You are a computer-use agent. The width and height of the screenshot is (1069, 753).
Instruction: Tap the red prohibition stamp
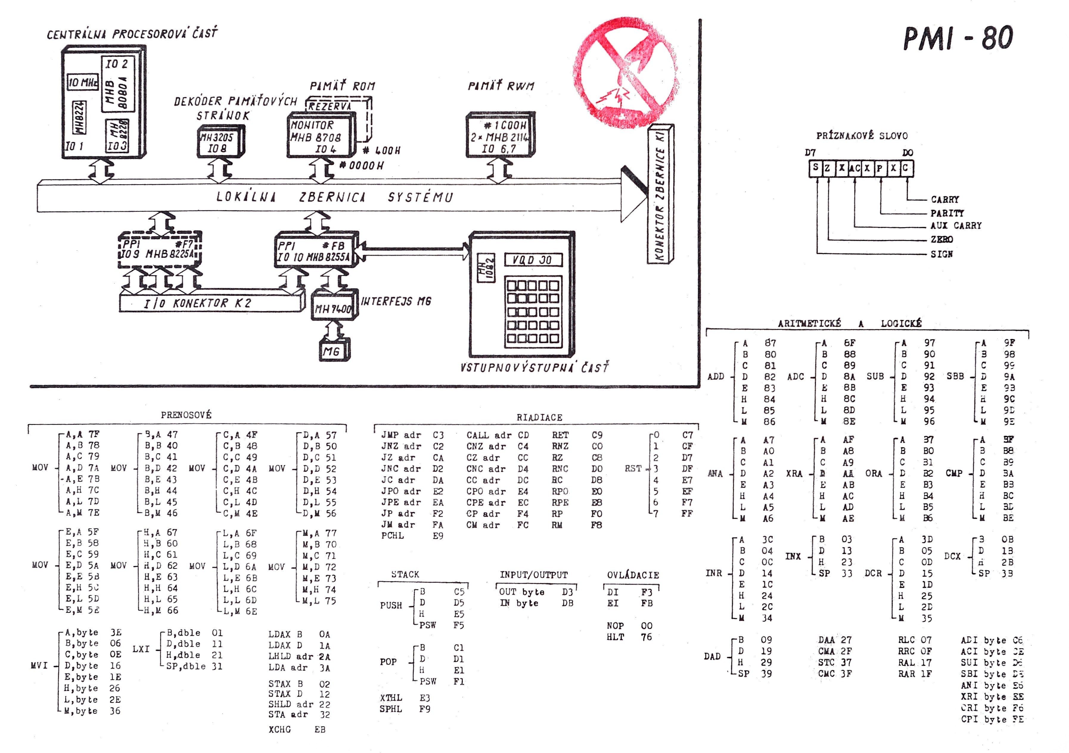point(625,74)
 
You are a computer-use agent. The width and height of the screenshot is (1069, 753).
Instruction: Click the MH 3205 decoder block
point(219,142)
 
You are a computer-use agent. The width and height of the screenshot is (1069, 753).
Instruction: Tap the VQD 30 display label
point(533,260)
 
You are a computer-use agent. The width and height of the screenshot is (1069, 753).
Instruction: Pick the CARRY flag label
point(945,199)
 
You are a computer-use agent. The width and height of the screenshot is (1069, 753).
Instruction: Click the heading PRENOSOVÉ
point(186,415)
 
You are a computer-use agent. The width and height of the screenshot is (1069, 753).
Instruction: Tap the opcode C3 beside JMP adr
point(438,435)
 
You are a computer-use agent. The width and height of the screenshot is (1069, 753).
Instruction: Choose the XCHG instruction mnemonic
point(279,729)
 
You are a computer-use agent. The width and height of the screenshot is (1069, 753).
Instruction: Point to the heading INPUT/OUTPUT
point(534,575)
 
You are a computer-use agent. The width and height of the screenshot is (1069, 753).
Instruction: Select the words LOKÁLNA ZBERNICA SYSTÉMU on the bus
point(334,197)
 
